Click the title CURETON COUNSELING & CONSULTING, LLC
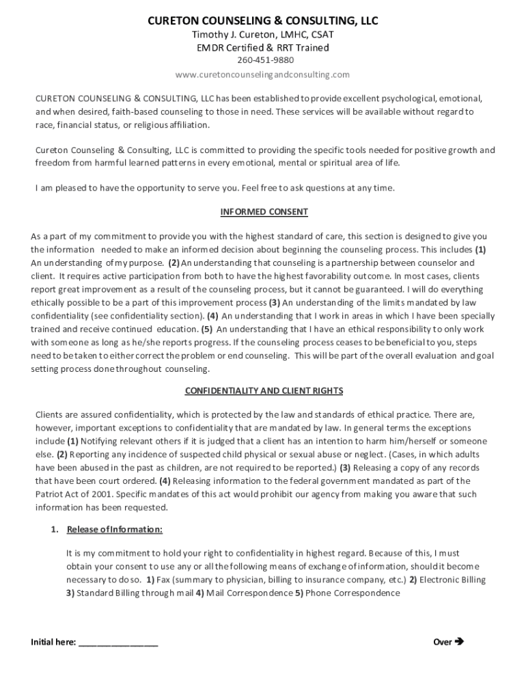(x=263, y=21)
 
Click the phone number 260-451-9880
(x=263, y=60)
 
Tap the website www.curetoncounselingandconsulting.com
(x=263, y=74)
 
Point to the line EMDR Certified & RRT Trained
(x=263, y=47)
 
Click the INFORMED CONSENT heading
(x=264, y=212)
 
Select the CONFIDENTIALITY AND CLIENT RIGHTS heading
(x=264, y=391)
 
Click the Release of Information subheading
(x=115, y=530)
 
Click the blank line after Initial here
(x=118, y=643)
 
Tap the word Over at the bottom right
(x=443, y=642)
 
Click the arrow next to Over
(x=459, y=642)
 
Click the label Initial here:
(x=53, y=642)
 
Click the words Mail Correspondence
(x=249, y=593)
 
